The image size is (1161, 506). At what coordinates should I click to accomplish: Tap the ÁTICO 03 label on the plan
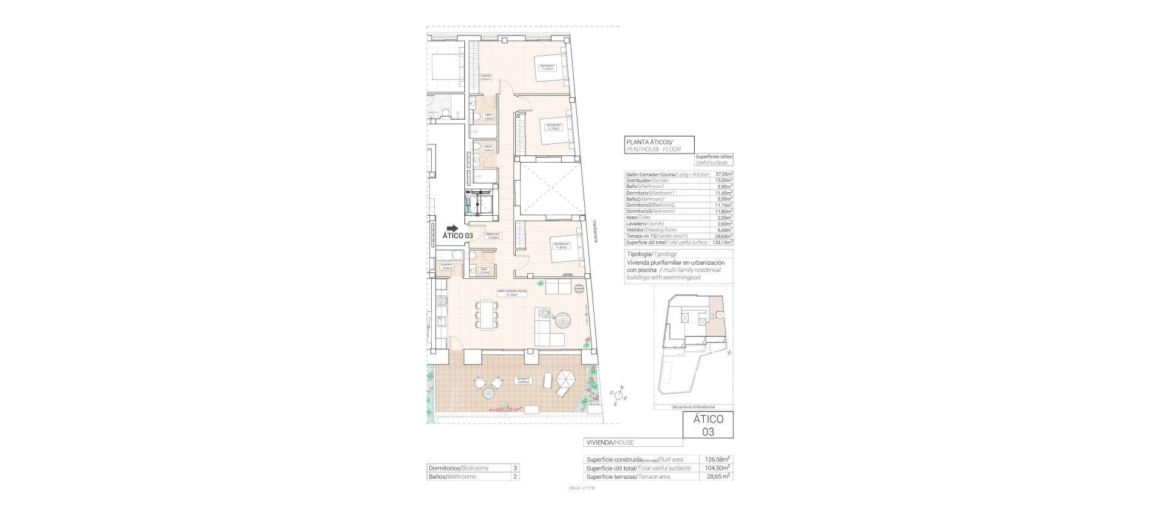pos(458,236)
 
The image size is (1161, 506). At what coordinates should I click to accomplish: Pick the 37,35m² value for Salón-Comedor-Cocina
pos(723,175)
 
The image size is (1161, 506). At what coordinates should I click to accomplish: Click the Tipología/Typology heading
pos(652,255)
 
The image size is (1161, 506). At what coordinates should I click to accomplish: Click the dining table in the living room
pos(487,314)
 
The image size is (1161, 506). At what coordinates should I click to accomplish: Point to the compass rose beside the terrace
pos(618,395)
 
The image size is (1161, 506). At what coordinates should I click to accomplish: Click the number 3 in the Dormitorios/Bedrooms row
pos(515,468)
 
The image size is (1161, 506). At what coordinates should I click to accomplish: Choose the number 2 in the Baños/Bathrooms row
pos(515,476)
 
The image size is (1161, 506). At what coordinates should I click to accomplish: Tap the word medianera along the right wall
pos(595,230)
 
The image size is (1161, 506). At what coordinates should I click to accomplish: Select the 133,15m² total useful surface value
pos(723,242)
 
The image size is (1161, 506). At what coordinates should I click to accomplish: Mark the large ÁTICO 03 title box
pos(707,425)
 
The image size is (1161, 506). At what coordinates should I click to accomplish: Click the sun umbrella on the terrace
pos(567,381)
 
